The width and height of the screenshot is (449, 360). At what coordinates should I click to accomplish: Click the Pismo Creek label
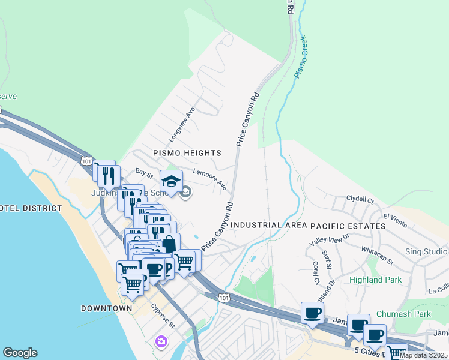coord(304,61)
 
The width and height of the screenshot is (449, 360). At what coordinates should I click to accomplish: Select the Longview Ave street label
coord(182,124)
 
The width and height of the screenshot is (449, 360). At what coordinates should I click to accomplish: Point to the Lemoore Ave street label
coord(209,179)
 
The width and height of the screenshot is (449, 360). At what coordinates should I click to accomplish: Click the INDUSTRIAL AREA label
coord(265,225)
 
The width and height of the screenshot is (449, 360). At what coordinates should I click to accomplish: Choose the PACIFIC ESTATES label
coord(348,226)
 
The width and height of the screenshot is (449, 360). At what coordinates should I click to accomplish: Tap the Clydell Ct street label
coord(360,199)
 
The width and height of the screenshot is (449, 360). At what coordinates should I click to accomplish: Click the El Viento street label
coord(396,220)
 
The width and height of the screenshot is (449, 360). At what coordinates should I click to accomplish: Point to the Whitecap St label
coord(377,255)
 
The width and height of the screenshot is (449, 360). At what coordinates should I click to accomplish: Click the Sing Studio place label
coord(426,251)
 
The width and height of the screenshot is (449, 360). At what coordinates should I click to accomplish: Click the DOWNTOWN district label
coord(106,308)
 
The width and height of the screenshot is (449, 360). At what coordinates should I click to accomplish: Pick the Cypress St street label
coord(163,316)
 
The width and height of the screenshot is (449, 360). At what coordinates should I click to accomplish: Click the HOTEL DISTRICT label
coord(30,208)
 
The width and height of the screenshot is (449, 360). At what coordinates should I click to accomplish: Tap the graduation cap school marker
coord(171,181)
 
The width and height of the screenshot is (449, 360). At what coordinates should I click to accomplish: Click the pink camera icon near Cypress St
coord(161,342)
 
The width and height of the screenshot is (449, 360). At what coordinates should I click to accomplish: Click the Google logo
coord(20,353)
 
